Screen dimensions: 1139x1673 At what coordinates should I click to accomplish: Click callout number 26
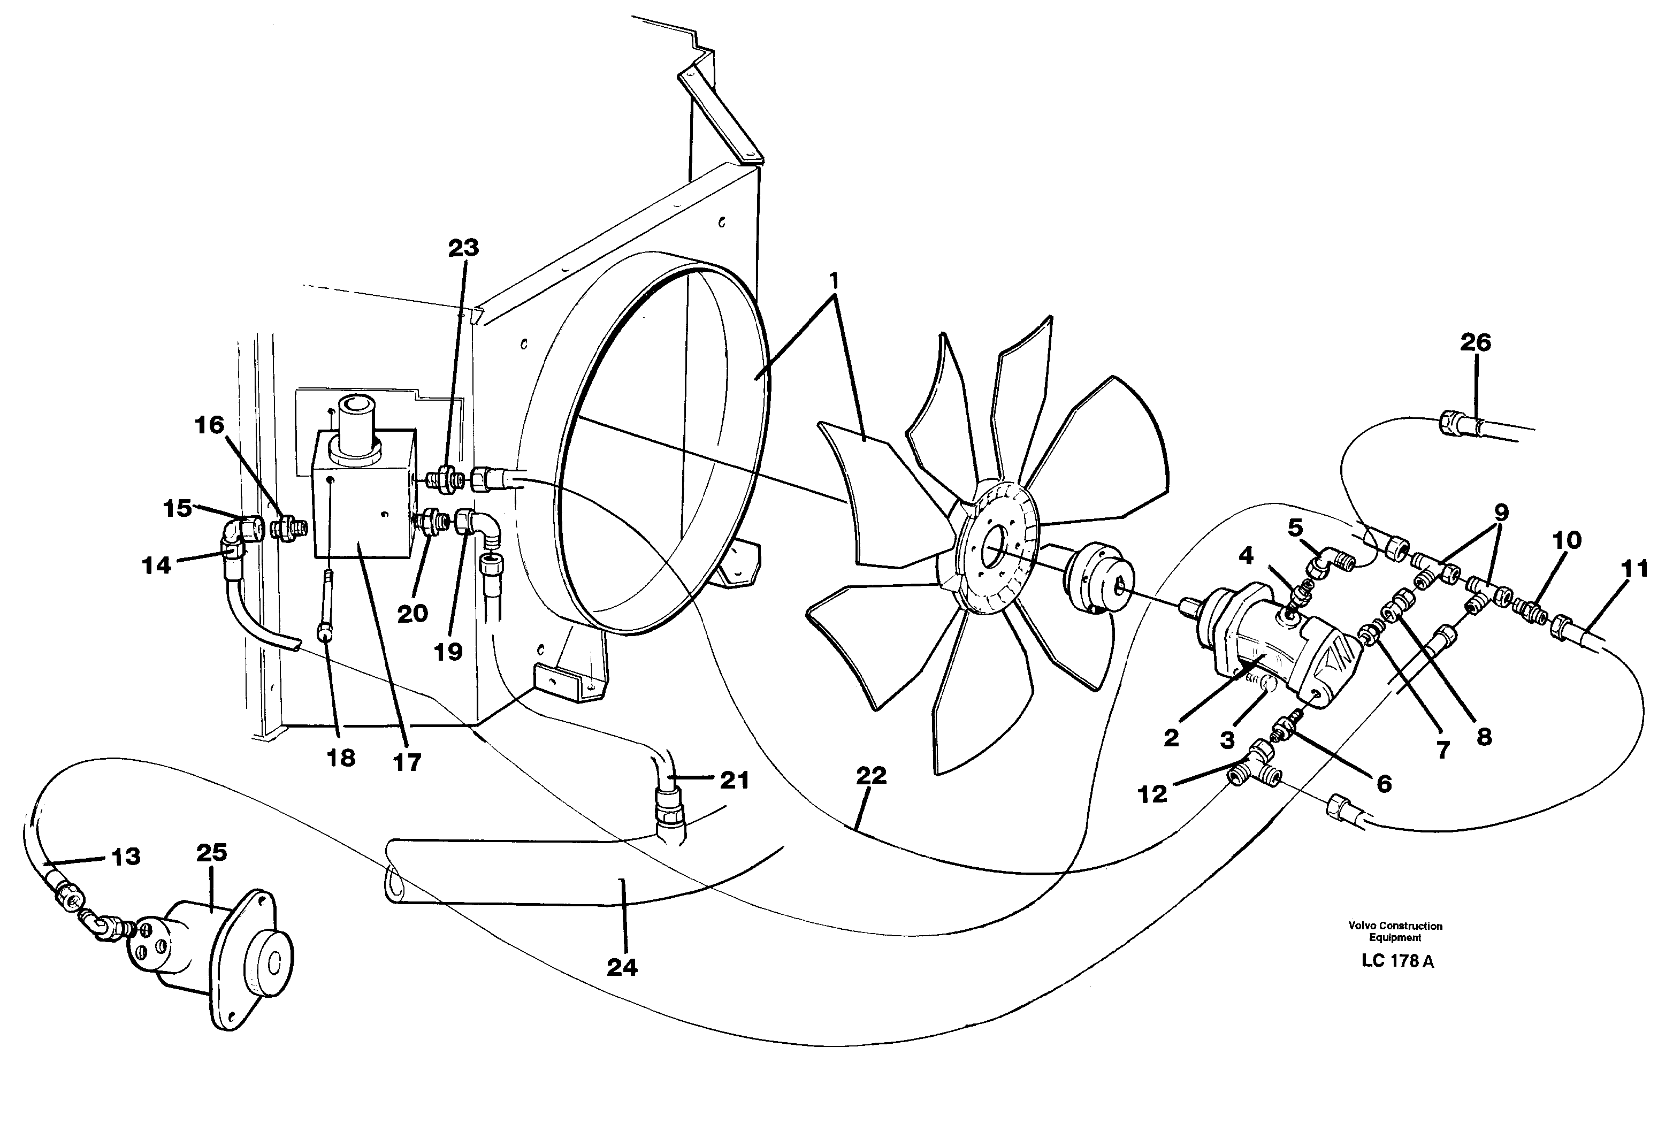pos(1475,343)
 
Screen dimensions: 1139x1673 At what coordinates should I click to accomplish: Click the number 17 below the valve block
pos(407,762)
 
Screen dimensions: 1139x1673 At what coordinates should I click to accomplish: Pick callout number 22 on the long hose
pos(871,776)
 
